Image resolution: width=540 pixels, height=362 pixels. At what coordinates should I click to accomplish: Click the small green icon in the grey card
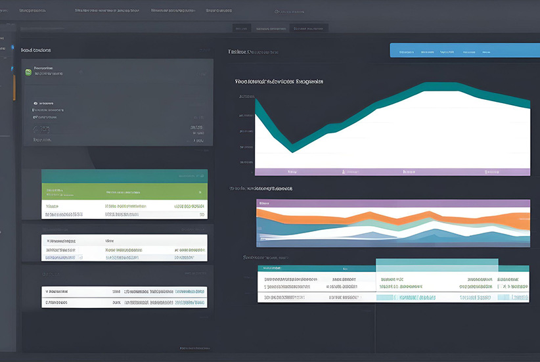pyautogui.click(x=28, y=71)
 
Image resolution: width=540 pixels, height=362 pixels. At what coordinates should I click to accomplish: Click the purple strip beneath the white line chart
pyautogui.click(x=392, y=171)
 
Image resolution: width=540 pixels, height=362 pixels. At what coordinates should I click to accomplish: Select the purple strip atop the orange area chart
pyautogui.click(x=392, y=204)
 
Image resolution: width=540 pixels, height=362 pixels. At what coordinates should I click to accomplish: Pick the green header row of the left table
pyautogui.click(x=124, y=192)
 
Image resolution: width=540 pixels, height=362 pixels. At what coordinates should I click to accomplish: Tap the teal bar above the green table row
pyautogui.click(x=124, y=175)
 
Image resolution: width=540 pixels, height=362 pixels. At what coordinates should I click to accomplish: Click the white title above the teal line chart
pyautogui.click(x=279, y=82)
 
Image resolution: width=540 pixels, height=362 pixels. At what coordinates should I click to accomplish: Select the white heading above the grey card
pyautogui.click(x=36, y=50)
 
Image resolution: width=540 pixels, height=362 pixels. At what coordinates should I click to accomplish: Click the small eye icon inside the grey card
pyautogui.click(x=35, y=103)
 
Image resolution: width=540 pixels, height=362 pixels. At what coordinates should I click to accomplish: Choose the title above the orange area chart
pyautogui.click(x=261, y=189)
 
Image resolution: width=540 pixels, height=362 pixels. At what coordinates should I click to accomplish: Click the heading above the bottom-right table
pyautogui.click(x=266, y=258)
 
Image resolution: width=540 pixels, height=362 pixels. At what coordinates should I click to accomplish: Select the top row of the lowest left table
pyautogui.click(x=124, y=291)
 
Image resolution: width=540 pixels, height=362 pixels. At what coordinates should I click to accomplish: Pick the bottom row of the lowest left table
pyautogui.click(x=124, y=303)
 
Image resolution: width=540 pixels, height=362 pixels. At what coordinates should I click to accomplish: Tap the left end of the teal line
pyautogui.click(x=256, y=105)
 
